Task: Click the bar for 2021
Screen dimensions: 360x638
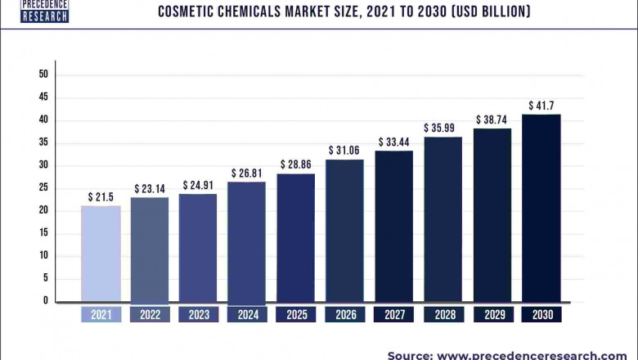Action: [101, 254]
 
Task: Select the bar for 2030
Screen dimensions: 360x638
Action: [541, 208]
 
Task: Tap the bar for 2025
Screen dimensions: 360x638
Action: [296, 237]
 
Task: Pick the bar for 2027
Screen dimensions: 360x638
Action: [394, 226]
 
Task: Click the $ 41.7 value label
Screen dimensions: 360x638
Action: [541, 106]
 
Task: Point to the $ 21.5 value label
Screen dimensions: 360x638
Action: [101, 197]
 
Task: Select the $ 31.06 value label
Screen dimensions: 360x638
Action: [345, 151]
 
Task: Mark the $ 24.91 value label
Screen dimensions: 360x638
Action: [199, 185]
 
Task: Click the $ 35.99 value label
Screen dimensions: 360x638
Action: [443, 128]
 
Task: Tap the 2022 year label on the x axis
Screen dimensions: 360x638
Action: [150, 315]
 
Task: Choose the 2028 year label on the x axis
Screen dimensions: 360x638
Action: [443, 315]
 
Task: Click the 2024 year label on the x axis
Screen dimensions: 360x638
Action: [248, 315]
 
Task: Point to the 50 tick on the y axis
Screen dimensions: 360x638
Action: [43, 74]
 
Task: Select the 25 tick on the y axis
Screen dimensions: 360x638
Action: [43, 188]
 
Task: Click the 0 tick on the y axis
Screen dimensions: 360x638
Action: [46, 301]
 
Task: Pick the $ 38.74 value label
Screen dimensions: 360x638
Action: [492, 119]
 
